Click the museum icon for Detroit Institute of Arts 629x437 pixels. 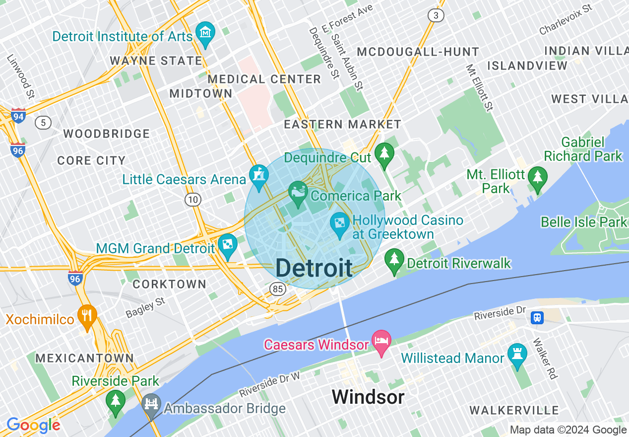(205, 33)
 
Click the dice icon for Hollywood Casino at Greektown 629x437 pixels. (340, 222)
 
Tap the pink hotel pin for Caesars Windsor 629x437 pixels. (381, 341)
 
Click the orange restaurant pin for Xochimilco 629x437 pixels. (87, 315)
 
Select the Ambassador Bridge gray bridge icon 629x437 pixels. (151, 404)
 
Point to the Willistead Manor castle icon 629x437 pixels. (516, 354)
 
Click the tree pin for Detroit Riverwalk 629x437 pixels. (394, 260)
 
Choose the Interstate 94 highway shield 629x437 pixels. (18, 116)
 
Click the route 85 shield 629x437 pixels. (278, 289)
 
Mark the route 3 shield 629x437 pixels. (436, 15)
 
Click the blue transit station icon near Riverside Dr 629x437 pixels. (537, 317)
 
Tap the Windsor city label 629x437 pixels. (368, 397)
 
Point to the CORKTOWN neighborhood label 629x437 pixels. (169, 284)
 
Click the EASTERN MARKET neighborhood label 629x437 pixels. (342, 124)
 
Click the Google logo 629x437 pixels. (33, 425)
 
